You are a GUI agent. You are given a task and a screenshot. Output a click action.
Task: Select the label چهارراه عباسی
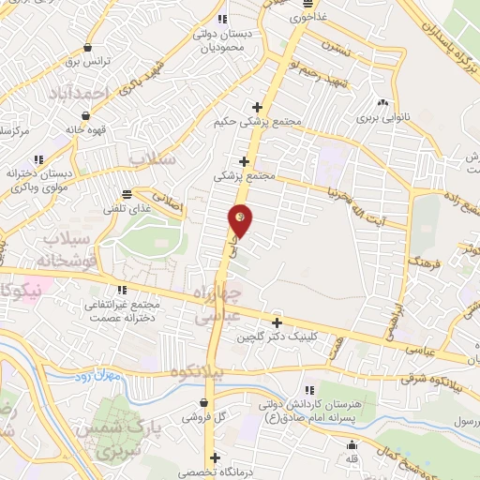click(x=218, y=307)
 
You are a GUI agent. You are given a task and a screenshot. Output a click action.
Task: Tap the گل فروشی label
click(x=209, y=416)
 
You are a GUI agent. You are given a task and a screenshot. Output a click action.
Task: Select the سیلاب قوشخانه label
click(x=61, y=251)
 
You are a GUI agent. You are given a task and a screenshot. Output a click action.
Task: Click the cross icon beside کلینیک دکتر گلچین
click(x=277, y=322)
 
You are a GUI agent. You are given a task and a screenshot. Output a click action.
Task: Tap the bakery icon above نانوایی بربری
click(x=382, y=103)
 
